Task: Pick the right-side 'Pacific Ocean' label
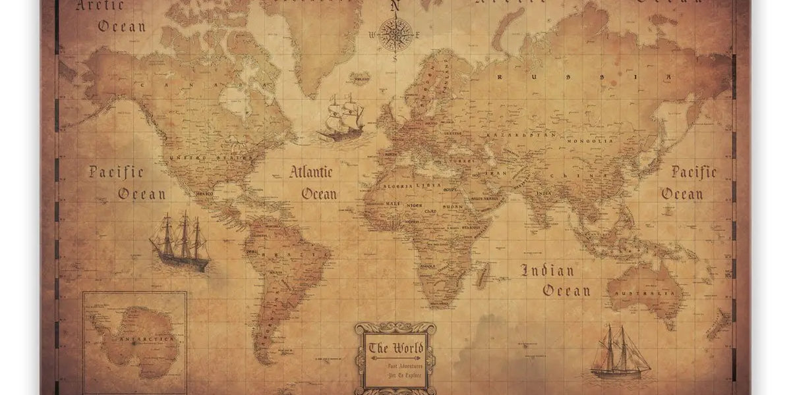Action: (693, 183)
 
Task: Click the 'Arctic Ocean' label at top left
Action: (112, 16)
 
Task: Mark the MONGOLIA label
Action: (597, 140)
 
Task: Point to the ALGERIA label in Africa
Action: (397, 186)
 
